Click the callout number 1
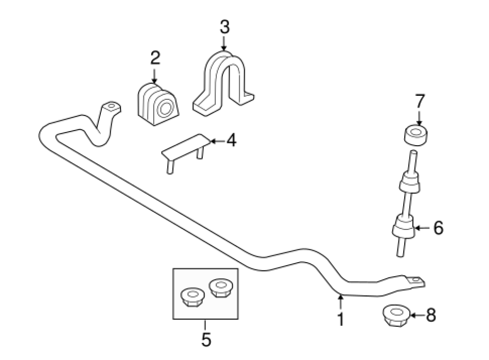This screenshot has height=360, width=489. (340, 320)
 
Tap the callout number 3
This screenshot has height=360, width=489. (224, 27)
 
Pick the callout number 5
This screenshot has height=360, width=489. (206, 339)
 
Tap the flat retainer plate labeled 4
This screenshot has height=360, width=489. (184, 149)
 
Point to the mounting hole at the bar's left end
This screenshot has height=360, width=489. (112, 106)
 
